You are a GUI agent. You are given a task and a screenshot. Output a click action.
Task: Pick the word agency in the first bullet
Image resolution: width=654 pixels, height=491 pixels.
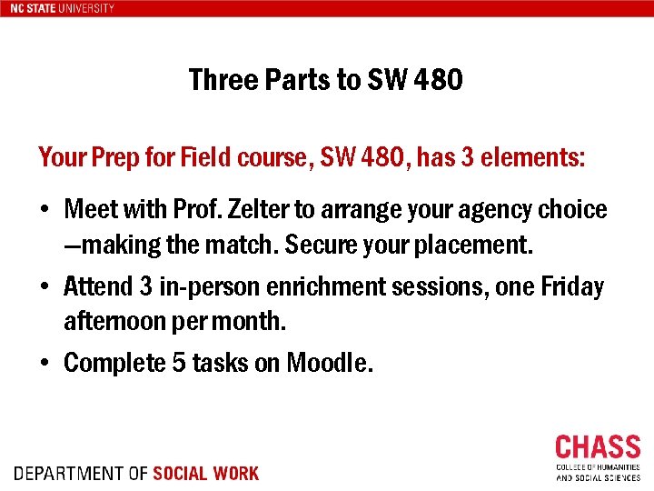coord(483,210)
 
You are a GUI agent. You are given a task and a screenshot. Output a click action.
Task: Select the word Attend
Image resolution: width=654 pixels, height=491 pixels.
coord(98,287)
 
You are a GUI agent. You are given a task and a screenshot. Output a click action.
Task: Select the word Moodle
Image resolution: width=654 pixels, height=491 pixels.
coord(328,364)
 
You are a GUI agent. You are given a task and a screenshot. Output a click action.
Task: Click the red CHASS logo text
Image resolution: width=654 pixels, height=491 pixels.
coord(598,448)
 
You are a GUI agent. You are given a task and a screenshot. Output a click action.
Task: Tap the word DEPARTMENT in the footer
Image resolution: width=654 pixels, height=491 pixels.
coord(68,474)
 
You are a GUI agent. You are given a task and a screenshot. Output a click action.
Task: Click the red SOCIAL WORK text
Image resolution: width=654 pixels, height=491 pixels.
coord(206,474)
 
